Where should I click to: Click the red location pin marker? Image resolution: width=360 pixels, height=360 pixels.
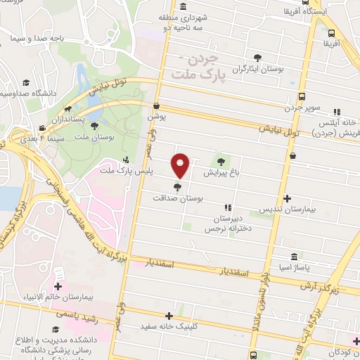click(x=181, y=165)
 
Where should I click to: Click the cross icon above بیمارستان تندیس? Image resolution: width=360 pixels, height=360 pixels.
click(x=287, y=199)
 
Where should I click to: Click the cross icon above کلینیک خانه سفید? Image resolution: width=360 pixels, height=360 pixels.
click(x=168, y=316)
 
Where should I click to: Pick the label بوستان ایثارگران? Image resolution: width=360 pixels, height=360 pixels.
click(x=259, y=70)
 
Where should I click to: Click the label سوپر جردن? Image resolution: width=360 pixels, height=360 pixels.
click(x=302, y=108)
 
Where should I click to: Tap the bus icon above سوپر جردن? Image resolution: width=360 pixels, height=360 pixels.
click(x=302, y=97)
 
